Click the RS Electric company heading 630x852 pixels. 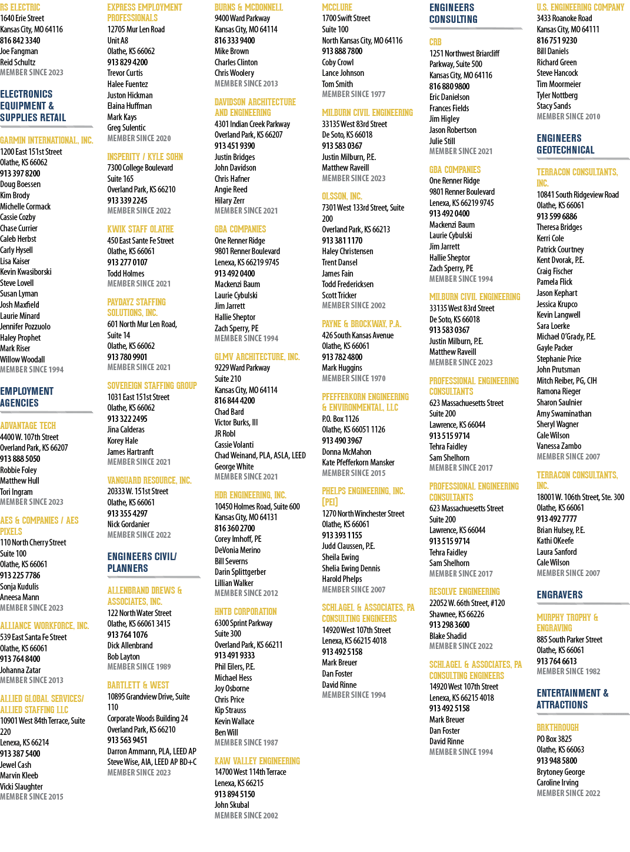coord(20,7)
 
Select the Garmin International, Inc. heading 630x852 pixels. coord(46,140)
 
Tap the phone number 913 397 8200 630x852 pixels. coord(20,173)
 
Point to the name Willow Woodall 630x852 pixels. coord(22,359)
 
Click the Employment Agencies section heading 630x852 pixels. coord(27,397)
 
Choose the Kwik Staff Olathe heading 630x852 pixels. coord(141,229)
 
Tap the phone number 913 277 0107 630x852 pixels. coord(127,262)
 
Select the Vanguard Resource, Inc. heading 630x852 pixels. coord(149,480)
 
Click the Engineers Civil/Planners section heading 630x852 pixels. coord(142,562)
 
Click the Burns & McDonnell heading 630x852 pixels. coord(249,7)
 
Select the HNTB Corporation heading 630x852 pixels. coord(245,611)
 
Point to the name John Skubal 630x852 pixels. coord(232,804)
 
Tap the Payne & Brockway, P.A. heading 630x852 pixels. coord(362,324)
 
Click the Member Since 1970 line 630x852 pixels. coord(354,378)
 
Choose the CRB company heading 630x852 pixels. coord(435,42)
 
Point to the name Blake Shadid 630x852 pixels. coord(448,635)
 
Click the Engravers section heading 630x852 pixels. coord(559,595)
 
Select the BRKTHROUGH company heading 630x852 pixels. coord(558,727)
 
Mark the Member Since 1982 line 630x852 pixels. coord(569,671)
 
